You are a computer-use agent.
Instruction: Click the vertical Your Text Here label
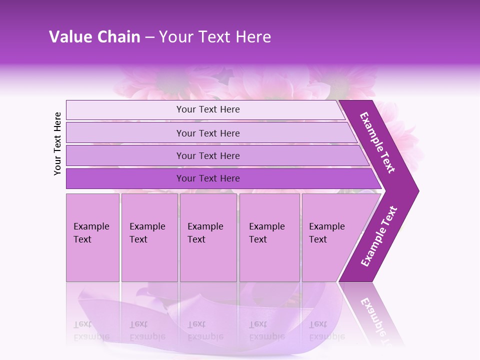(57, 143)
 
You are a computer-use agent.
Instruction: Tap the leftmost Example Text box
(92, 237)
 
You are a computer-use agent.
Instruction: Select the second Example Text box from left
(149, 237)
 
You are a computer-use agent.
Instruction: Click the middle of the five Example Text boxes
(208, 237)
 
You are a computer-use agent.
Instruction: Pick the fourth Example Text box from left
(269, 237)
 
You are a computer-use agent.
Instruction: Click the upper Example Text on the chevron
(377, 142)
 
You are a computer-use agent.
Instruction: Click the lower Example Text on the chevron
(378, 236)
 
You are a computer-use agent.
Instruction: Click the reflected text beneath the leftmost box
(91, 330)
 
